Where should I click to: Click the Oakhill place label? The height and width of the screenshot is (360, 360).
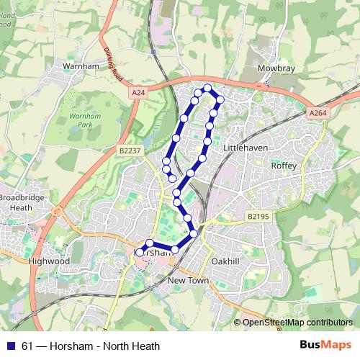pyautogui.click(x=227, y=261)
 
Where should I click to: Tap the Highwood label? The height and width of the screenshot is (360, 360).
pyautogui.click(x=49, y=261)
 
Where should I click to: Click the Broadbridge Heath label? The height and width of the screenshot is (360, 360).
pyautogui.click(x=17, y=202)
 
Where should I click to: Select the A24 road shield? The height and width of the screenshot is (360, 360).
pyautogui.click(x=139, y=93)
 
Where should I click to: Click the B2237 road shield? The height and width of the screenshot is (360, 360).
pyautogui.click(x=129, y=150)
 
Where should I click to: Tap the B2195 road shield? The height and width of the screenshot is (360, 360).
pyautogui.click(x=257, y=216)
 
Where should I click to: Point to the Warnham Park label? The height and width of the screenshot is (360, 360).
pyautogui.click(x=86, y=120)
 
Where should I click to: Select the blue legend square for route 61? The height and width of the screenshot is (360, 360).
pyautogui.click(x=11, y=346)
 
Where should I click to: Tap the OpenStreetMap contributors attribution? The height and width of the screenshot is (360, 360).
pyautogui.click(x=297, y=323)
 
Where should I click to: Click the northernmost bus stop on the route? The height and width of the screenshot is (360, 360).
pyautogui.click(x=208, y=88)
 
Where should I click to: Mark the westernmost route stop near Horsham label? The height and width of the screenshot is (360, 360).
pyautogui.click(x=140, y=252)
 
